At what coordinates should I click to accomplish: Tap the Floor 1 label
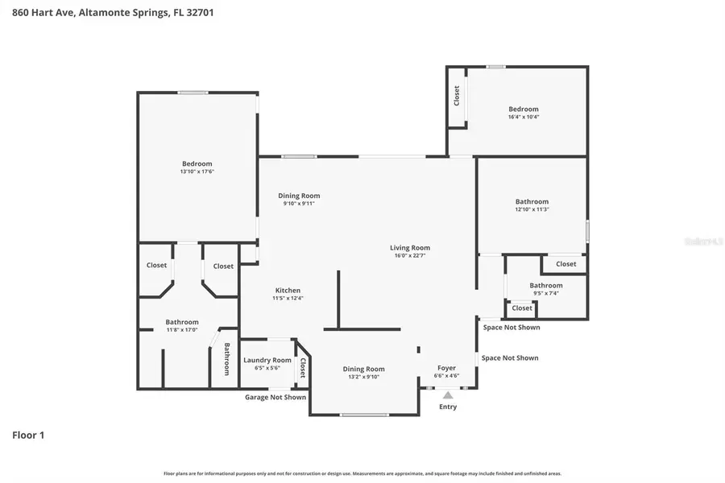click(x=28, y=436)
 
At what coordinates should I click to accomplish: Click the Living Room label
click(x=410, y=248)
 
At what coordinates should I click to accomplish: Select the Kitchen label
click(x=288, y=291)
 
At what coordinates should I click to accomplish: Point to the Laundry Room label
click(x=267, y=360)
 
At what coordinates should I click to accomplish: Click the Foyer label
click(x=446, y=368)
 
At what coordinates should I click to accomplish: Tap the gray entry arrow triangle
click(x=448, y=394)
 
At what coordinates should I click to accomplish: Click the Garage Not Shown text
click(x=275, y=397)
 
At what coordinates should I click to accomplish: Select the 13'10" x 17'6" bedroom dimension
click(x=197, y=171)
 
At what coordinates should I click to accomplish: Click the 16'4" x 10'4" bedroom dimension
click(x=523, y=117)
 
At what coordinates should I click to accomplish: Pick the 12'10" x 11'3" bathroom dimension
click(x=532, y=209)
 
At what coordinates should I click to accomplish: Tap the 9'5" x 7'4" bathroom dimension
click(x=545, y=293)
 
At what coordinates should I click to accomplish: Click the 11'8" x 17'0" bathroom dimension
click(x=182, y=330)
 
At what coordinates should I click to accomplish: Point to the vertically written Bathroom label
click(x=226, y=359)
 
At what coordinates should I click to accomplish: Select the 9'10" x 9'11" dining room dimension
click(x=299, y=204)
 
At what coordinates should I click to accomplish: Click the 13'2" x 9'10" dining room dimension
click(x=363, y=377)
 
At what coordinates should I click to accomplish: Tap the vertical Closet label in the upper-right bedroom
click(x=457, y=96)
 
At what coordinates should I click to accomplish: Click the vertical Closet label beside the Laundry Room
click(x=303, y=368)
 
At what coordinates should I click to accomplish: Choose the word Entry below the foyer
click(x=448, y=407)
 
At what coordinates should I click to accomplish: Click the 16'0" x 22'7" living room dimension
click(x=410, y=256)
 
